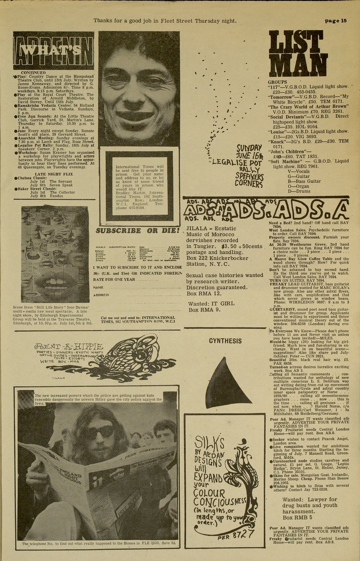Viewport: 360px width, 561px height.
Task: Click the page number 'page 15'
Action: coord(336,21)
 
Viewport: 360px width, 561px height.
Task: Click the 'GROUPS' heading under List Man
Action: coord(278,82)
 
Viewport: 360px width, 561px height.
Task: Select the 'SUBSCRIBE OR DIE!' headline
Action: coord(137,230)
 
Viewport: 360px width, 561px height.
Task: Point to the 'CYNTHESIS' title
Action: coord(225,340)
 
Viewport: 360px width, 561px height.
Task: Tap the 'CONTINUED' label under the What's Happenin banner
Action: coord(33,73)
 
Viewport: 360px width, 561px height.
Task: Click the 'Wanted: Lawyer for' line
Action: coord(309,499)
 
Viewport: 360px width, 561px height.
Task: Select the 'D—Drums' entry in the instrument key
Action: coord(299,191)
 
